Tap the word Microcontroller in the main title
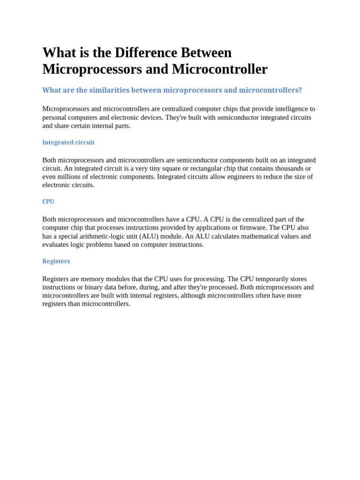[219, 69]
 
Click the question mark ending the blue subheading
[300, 90]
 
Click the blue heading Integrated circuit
[68, 142]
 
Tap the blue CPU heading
[48, 202]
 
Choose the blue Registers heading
[56, 261]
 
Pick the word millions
[70, 177]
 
